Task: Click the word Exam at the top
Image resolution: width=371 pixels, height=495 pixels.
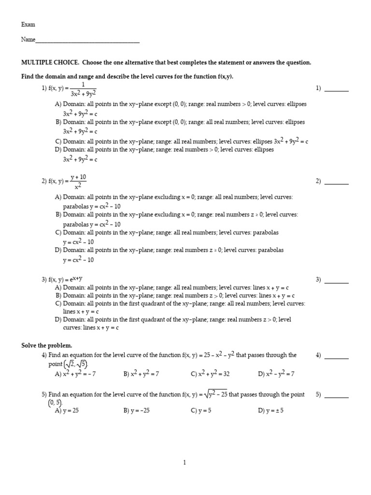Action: (28, 24)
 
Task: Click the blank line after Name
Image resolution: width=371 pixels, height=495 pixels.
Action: (87, 42)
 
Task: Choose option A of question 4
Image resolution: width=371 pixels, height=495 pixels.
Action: (75, 373)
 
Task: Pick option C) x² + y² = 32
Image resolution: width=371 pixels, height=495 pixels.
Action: (210, 373)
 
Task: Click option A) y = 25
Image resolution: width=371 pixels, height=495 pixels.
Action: (67, 410)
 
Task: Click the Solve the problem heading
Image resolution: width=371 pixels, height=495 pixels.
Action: (46, 345)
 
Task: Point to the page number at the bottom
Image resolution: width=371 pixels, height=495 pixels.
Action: (185, 463)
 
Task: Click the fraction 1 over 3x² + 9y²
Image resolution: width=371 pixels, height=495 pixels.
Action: (83, 89)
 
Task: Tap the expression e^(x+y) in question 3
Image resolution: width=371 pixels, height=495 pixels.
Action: (75, 279)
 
